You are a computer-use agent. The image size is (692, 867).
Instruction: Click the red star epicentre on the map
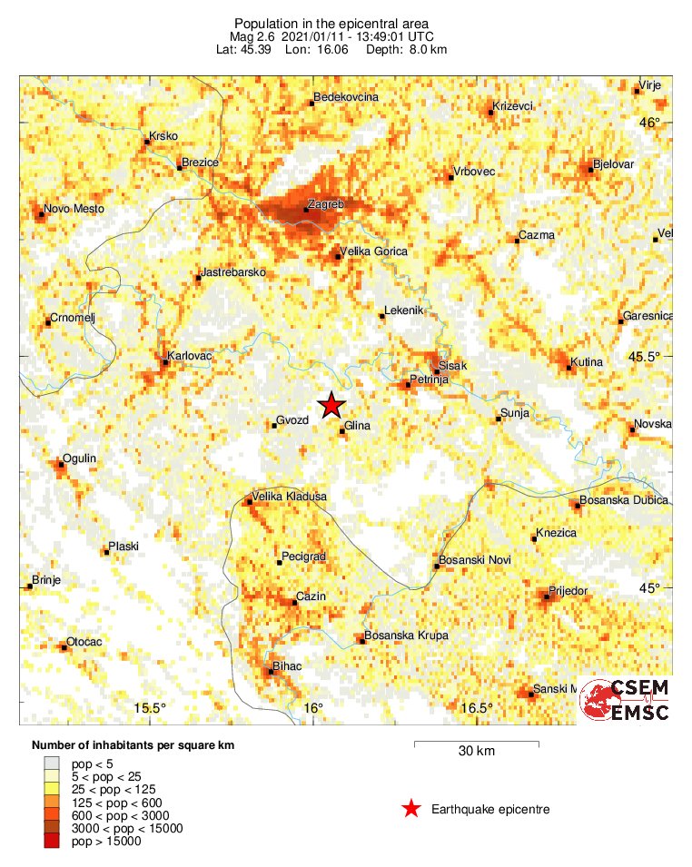click(331, 406)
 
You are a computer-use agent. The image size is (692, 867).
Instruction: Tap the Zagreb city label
click(326, 205)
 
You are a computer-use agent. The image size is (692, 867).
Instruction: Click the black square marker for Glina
click(341, 430)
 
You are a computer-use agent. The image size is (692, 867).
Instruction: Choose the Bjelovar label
click(613, 164)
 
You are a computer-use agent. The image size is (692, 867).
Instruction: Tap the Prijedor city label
click(570, 591)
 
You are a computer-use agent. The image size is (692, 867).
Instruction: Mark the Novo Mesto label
click(74, 209)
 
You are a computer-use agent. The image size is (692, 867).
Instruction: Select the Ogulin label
click(79, 458)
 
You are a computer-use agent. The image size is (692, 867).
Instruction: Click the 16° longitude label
click(312, 708)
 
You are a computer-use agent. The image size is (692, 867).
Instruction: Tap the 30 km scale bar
click(476, 744)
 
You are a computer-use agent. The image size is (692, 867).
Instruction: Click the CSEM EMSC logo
click(626, 700)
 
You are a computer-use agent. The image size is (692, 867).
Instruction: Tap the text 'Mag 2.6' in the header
click(251, 35)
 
